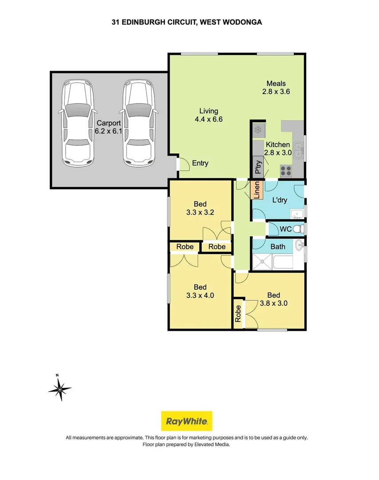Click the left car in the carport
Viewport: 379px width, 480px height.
(78, 124)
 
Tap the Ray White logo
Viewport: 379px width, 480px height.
(186, 421)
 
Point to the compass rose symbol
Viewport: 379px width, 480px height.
(60, 389)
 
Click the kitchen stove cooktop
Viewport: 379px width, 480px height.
(286, 171)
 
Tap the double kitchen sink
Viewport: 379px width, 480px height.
(298, 151)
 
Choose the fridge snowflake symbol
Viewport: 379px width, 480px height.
(258, 130)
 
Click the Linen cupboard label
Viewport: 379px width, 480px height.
(257, 190)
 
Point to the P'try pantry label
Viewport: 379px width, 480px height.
(258, 167)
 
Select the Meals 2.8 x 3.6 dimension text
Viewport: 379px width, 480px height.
(276, 88)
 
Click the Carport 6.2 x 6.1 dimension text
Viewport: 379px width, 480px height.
(108, 127)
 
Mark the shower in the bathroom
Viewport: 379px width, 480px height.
(262, 262)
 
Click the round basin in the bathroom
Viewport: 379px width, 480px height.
(300, 245)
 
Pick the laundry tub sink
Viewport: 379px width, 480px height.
(297, 214)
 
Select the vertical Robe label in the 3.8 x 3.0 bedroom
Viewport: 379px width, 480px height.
(238, 313)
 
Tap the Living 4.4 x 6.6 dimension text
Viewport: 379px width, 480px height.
(209, 115)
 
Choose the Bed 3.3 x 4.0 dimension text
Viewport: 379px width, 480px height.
(200, 291)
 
